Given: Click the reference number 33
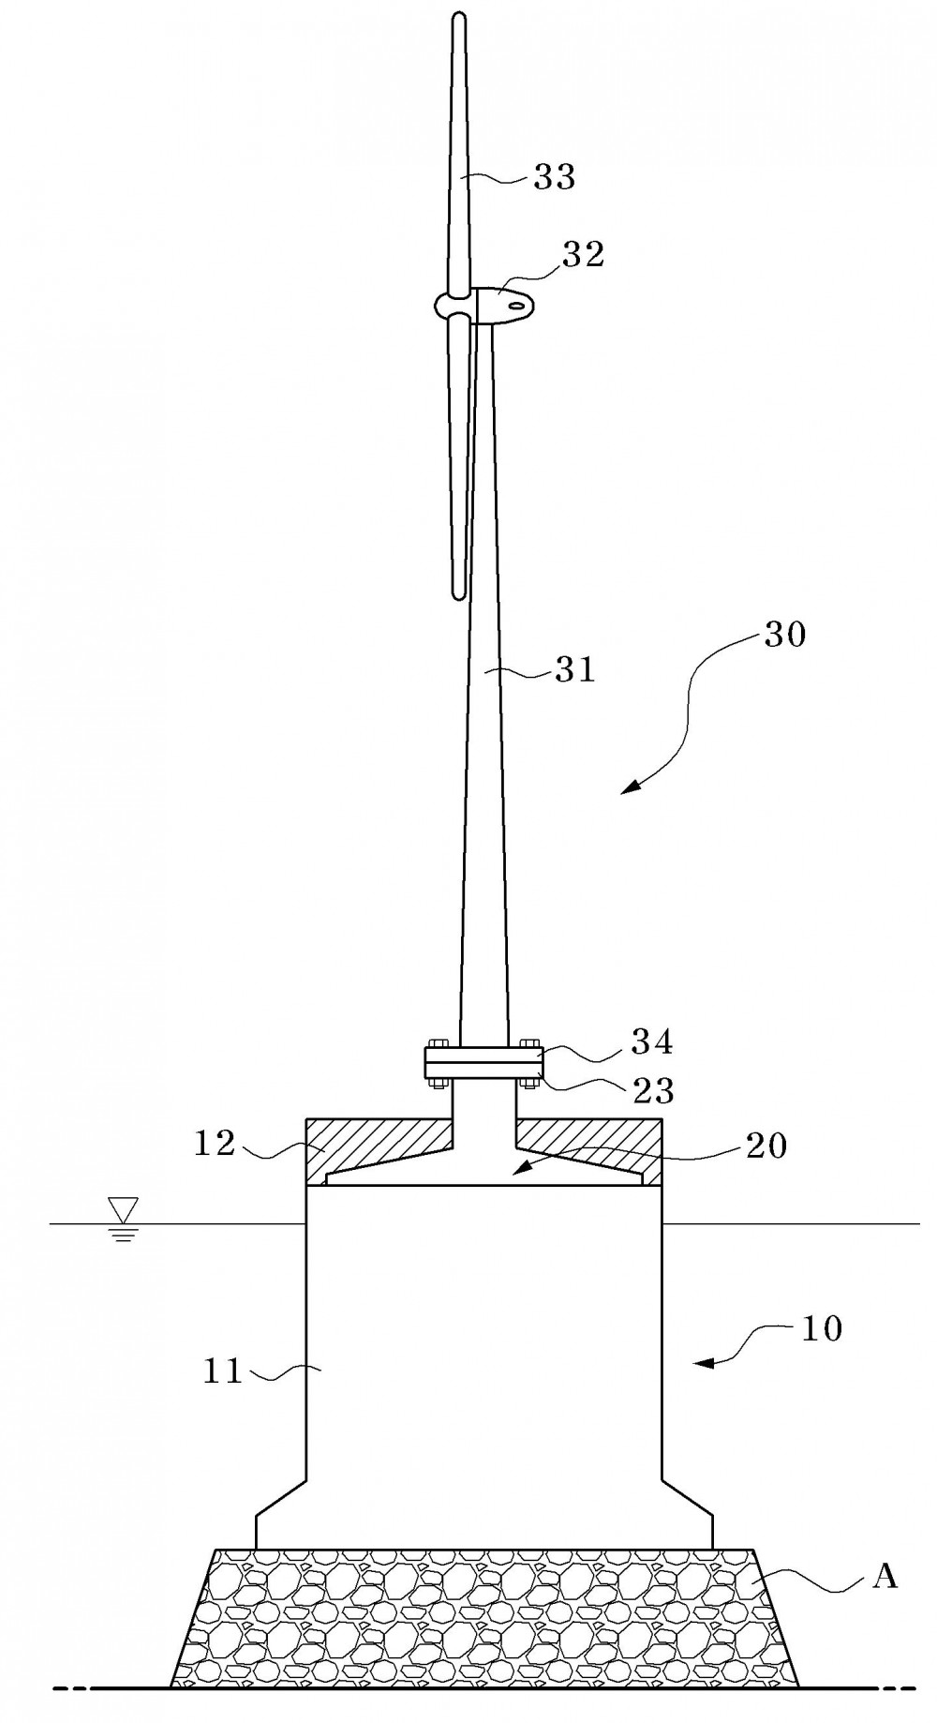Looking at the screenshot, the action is click(554, 177).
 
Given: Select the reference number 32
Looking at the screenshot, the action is click(583, 254).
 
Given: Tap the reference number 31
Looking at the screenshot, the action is click(574, 669).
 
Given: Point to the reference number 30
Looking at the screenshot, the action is click(784, 635).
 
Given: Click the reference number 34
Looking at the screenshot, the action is click(652, 1041).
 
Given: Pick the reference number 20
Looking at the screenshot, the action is click(766, 1145).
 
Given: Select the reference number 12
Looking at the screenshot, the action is click(215, 1143).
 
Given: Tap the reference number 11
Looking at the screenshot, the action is click(223, 1372).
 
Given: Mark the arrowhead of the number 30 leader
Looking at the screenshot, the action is click(629, 788).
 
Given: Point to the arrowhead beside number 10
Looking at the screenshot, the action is click(701, 1364).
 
